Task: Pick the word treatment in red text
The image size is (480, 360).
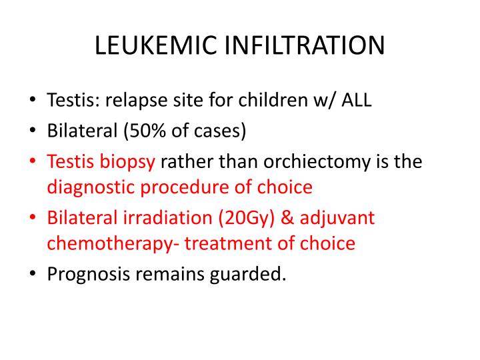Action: point(221,243)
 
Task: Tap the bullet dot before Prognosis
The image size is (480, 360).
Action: point(33,274)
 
